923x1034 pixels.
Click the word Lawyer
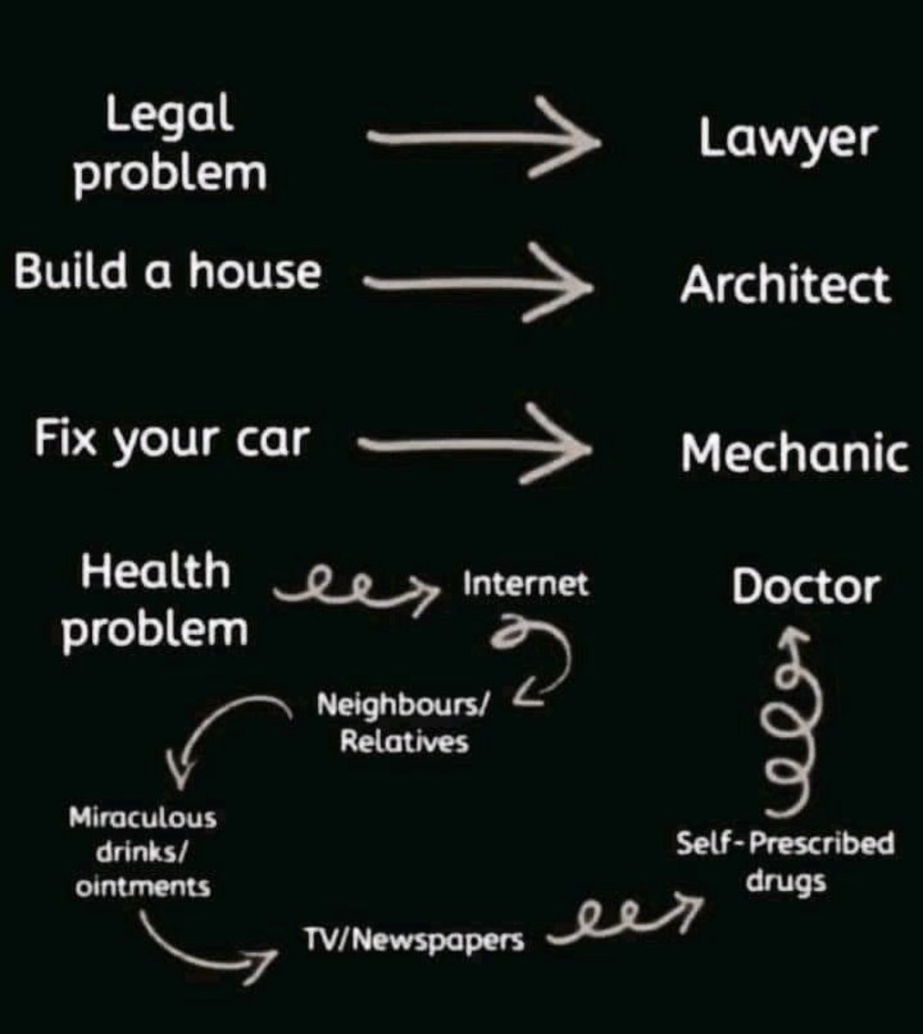point(787,139)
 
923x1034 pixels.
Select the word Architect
point(784,283)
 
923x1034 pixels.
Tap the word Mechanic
point(795,452)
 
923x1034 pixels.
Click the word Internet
point(526,585)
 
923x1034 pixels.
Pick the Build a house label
point(167,271)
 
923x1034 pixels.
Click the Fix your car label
point(171,439)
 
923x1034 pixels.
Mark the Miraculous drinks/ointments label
point(143,851)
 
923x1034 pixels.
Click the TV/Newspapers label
point(413,939)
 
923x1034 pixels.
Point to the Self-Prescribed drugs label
point(785,862)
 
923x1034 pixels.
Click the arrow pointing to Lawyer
point(483,138)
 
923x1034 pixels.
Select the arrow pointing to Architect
point(478,281)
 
